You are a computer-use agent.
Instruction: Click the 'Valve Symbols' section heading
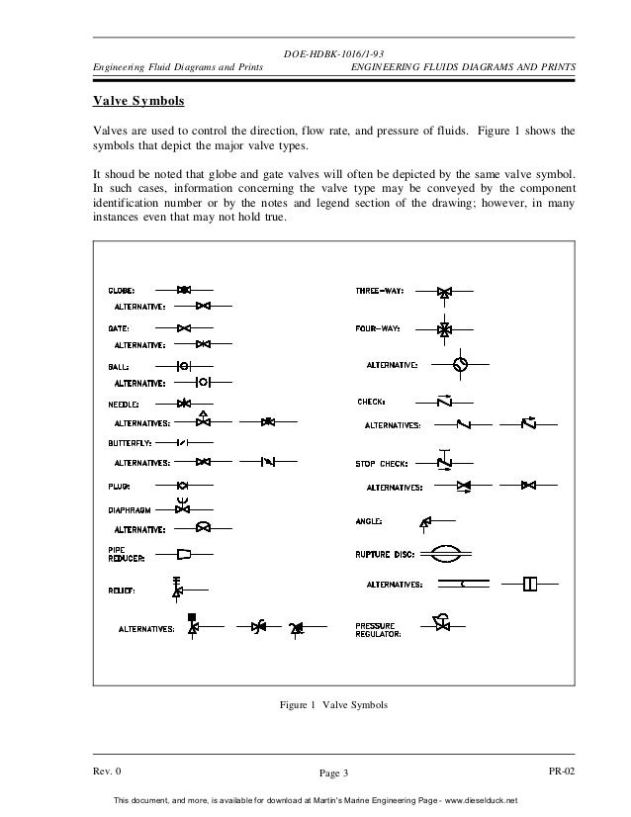(132, 102)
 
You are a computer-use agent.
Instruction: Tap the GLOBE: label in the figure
(123, 291)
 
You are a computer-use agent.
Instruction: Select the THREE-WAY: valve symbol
(445, 293)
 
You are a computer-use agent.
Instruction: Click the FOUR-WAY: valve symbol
(445, 328)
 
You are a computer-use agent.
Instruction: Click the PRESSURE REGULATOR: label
(378, 630)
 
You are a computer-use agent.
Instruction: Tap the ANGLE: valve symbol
(425, 521)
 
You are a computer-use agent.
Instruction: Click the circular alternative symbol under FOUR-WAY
(460, 365)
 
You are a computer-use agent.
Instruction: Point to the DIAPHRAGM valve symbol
(183, 507)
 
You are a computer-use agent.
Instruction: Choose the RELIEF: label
(123, 591)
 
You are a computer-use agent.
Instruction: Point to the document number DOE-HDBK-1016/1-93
(334, 54)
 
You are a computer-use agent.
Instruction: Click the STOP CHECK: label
(380, 464)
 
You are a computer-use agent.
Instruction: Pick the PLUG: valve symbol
(183, 486)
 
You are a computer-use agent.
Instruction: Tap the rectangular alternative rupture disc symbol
(530, 585)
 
